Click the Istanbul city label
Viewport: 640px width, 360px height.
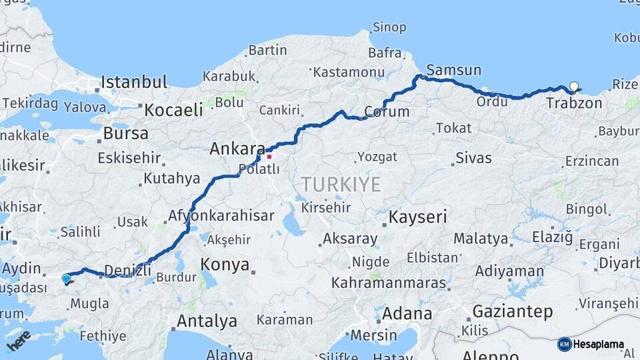point(133,83)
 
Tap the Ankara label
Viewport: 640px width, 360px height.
point(238,149)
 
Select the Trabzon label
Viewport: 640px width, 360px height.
point(574,103)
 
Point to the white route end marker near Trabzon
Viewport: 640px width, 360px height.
point(573,86)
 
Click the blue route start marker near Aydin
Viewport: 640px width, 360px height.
point(66,279)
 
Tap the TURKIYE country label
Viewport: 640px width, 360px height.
point(340,184)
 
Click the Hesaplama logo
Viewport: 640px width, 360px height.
point(591,344)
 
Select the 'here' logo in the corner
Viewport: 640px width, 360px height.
point(19,340)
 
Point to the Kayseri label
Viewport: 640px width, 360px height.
point(417,217)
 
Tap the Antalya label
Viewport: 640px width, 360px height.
point(207,321)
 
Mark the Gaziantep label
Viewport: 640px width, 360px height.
point(513,311)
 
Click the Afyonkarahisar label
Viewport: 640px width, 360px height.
point(221,215)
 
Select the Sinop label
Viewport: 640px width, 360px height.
point(389,27)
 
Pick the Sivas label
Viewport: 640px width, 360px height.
point(473,158)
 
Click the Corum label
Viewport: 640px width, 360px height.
point(387,111)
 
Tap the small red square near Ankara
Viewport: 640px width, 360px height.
point(269,157)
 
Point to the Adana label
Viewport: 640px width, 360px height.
point(407,313)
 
